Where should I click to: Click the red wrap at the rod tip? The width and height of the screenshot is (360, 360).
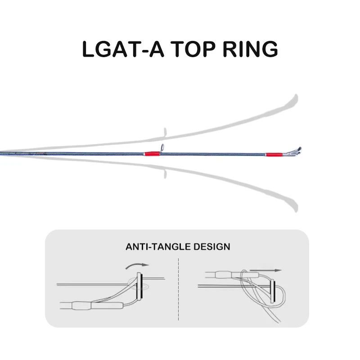click(x=272, y=154)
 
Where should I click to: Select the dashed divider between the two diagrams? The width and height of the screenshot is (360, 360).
click(x=179, y=288)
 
